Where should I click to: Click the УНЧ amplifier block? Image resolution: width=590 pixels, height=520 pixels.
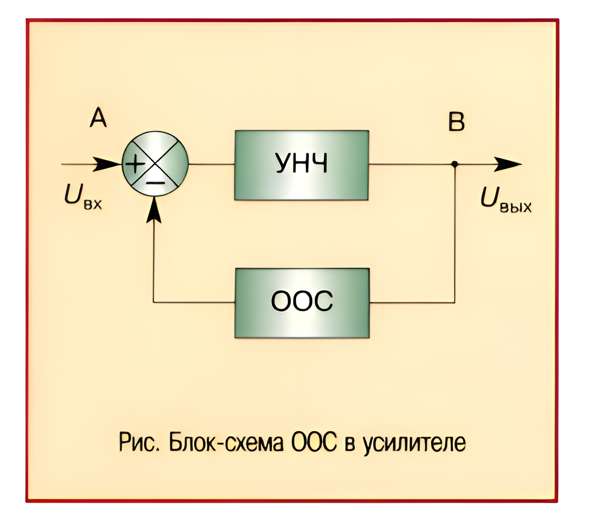(x=301, y=165)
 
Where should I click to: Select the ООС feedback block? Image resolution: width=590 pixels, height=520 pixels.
(x=301, y=302)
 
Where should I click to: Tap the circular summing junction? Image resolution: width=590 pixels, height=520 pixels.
(x=155, y=165)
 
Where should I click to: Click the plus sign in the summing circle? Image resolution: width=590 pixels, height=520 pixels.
(x=134, y=164)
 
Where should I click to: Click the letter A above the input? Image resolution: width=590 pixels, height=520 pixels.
(x=98, y=118)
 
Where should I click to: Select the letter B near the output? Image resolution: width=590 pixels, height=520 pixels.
(x=456, y=122)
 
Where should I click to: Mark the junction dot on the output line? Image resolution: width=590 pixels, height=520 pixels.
(x=455, y=164)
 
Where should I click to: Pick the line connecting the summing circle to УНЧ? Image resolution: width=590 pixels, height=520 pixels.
(x=211, y=164)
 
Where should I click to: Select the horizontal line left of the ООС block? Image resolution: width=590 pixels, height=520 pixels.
(x=194, y=302)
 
